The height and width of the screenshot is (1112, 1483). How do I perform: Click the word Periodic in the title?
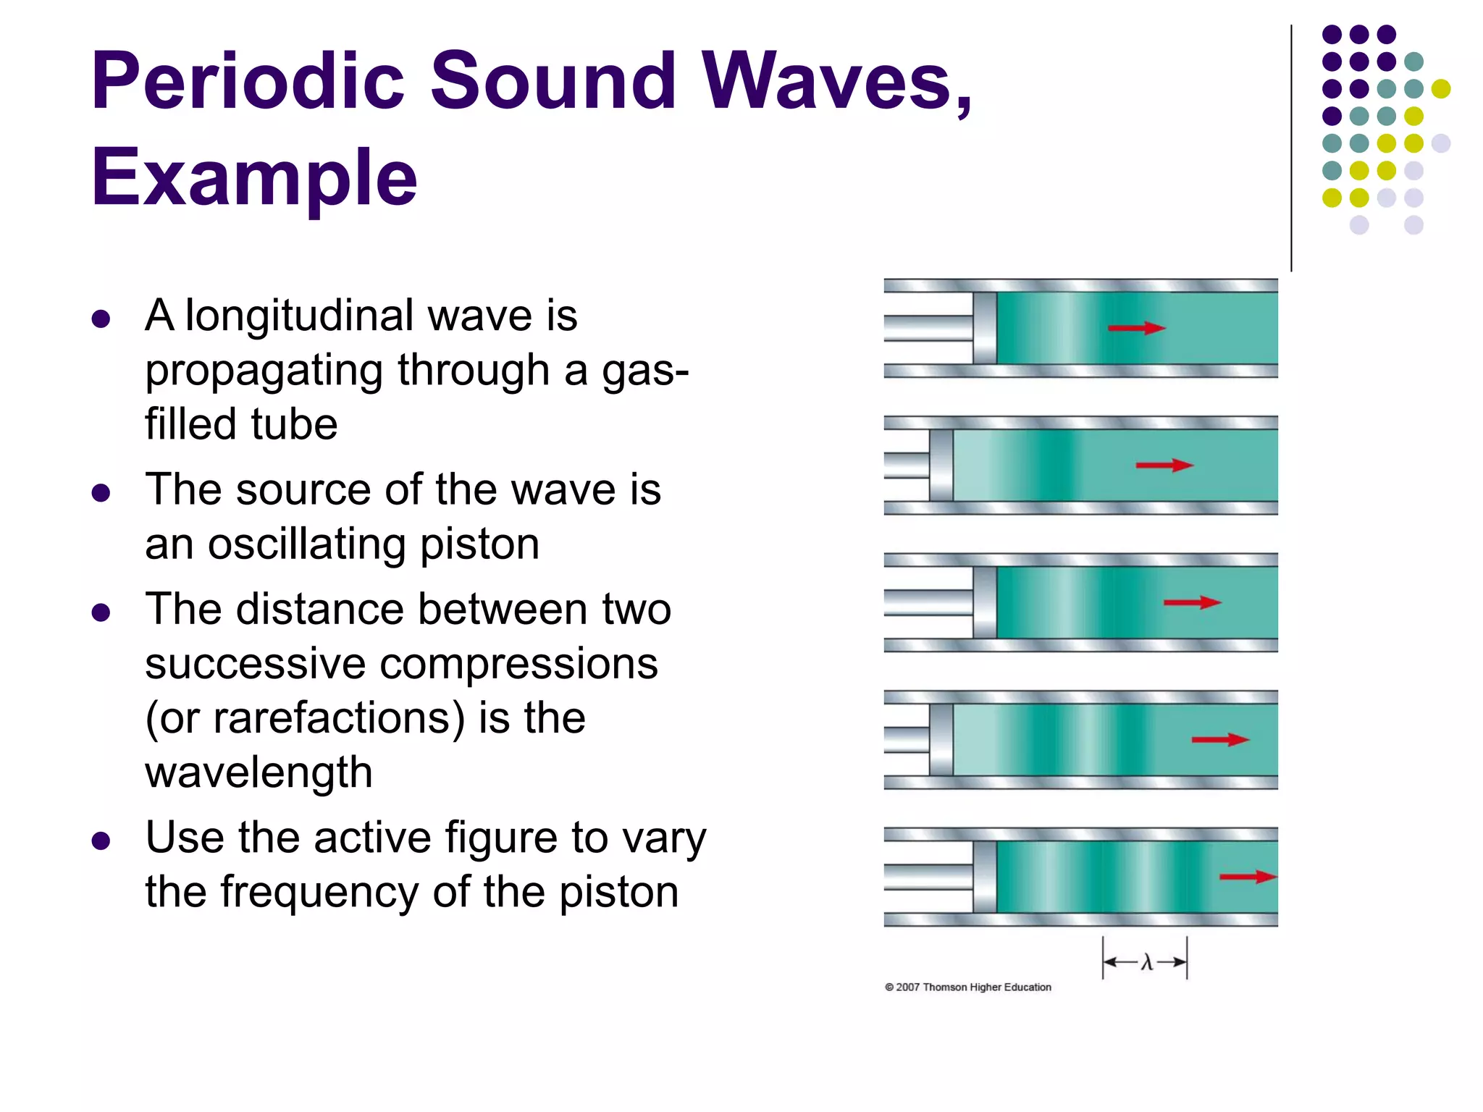247,81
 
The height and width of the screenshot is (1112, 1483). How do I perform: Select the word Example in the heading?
253,177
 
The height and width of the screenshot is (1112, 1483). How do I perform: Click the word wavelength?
259,772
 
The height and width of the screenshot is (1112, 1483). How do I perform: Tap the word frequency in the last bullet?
319,891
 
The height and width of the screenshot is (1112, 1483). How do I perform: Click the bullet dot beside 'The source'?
101,494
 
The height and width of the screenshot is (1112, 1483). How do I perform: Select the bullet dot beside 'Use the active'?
101,841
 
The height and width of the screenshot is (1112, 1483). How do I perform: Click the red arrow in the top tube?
1136,328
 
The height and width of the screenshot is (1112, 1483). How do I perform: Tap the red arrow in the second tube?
1164,465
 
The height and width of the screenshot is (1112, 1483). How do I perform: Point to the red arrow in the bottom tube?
1247,877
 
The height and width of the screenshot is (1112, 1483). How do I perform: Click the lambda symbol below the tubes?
1146,962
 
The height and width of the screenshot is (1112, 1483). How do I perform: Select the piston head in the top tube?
984,328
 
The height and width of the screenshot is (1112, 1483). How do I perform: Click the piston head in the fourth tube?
941,739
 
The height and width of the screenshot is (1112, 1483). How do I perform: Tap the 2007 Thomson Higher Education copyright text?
968,987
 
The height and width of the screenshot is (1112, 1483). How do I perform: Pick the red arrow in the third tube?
1191,602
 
